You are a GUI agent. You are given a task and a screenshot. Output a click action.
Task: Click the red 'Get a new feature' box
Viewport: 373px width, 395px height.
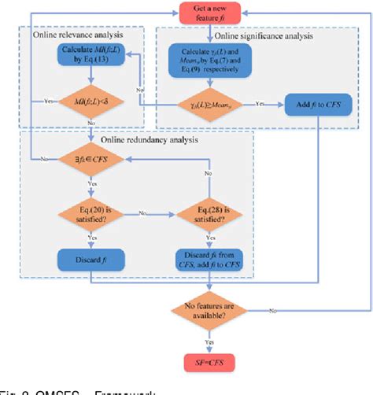click(209, 14)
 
